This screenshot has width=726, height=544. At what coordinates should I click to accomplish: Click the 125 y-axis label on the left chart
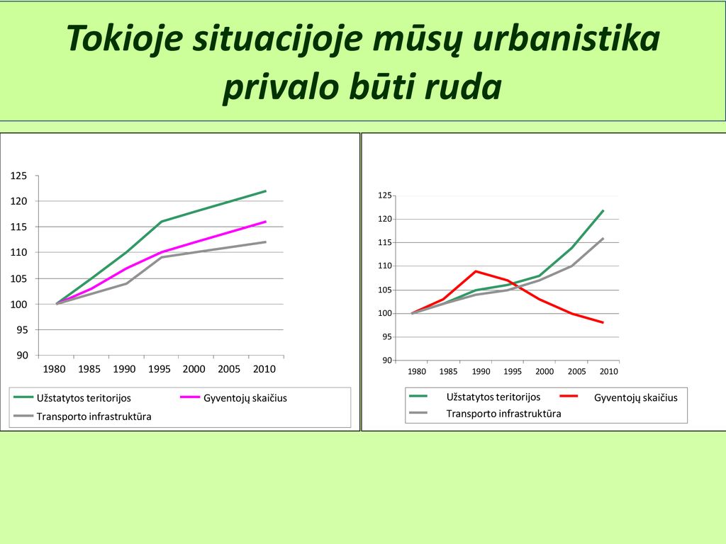[x=18, y=176]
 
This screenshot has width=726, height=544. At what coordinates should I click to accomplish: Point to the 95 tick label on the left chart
[x=22, y=330]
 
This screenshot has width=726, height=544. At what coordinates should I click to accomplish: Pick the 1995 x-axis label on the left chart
[x=160, y=369]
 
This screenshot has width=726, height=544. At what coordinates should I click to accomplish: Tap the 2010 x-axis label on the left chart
[x=264, y=369]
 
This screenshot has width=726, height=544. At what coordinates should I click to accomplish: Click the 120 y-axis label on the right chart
[x=385, y=219]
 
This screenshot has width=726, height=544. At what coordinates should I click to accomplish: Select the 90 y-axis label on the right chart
[x=387, y=361]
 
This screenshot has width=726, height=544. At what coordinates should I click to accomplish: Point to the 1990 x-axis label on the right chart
[x=481, y=371]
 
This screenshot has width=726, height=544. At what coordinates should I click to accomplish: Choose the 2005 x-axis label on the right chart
[x=576, y=371]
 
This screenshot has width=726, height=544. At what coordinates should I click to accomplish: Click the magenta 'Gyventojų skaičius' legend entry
[x=233, y=398]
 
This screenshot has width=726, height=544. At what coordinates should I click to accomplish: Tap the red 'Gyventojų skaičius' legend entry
[x=618, y=397]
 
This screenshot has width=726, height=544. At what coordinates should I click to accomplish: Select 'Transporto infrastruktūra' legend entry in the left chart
[x=82, y=416]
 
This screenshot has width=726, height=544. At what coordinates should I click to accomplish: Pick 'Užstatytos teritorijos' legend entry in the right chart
[x=475, y=397]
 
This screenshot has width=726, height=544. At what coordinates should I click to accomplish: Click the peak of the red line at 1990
[x=476, y=271]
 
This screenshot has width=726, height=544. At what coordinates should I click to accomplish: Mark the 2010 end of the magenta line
[x=266, y=222]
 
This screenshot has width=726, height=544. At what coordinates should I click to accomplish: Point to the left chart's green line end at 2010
[x=266, y=191]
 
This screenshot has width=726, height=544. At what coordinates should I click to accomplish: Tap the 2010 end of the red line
[x=603, y=322]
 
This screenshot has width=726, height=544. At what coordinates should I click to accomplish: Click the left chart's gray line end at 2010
[x=266, y=242]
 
